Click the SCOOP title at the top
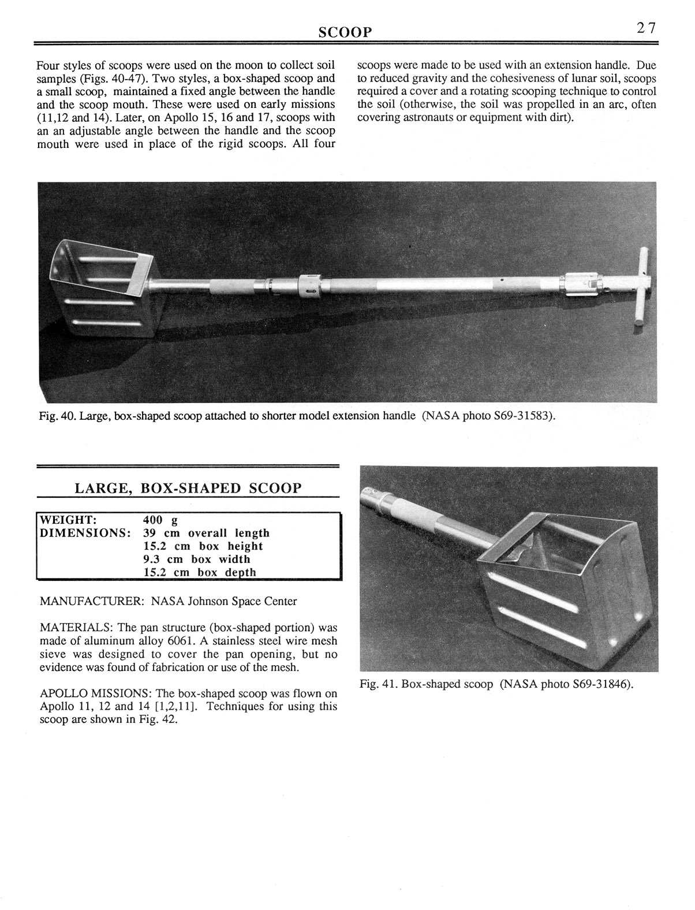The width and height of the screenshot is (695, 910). (x=345, y=32)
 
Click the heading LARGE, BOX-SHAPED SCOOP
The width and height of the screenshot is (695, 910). (x=188, y=488)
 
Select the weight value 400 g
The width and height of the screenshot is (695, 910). (x=160, y=519)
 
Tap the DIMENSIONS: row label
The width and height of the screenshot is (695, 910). (x=84, y=532)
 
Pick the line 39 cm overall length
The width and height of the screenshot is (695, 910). (x=205, y=532)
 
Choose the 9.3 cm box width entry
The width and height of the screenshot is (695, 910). (x=196, y=559)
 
